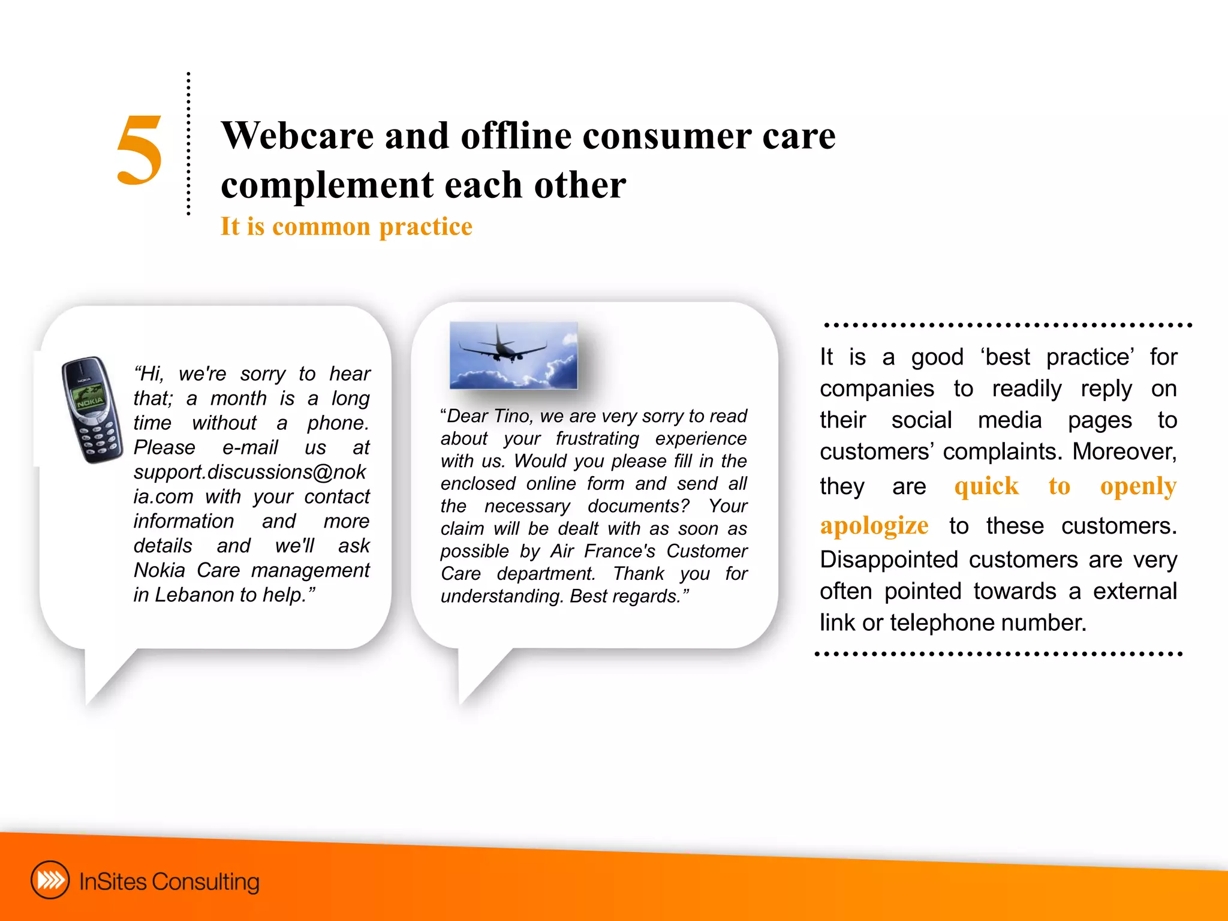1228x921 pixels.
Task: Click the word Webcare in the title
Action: pos(297,136)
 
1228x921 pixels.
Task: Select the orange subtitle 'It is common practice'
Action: pos(346,227)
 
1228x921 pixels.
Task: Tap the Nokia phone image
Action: pos(91,409)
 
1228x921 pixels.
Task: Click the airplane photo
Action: pos(513,355)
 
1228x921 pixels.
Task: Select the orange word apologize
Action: pos(874,526)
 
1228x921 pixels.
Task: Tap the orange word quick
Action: pos(986,486)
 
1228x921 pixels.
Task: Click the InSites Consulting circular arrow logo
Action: pos(50,880)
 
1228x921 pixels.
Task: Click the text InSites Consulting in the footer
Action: pos(169,881)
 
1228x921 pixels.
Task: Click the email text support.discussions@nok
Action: pos(249,472)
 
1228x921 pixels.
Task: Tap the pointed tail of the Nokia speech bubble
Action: pos(96,690)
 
